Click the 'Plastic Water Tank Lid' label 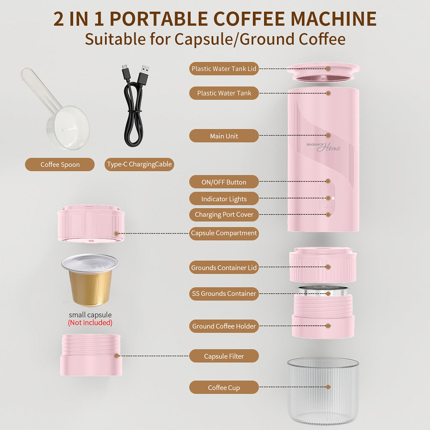[x=224, y=68]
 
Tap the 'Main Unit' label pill [x=224, y=136]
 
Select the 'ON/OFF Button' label [x=224, y=182]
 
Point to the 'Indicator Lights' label [x=224, y=199]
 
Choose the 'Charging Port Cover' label [x=224, y=215]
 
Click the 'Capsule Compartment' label [x=224, y=233]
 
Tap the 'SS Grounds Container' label [x=224, y=294]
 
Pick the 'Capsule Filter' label [x=224, y=356]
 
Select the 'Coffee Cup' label [x=224, y=387]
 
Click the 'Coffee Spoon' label [x=60, y=164]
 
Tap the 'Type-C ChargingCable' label [x=139, y=164]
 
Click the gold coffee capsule [x=90, y=280]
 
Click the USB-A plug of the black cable [x=144, y=74]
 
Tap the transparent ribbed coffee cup [x=323, y=392]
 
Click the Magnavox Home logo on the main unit [x=324, y=147]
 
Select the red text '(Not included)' [x=90, y=322]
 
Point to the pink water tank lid [x=323, y=72]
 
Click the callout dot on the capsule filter [x=116, y=356]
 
